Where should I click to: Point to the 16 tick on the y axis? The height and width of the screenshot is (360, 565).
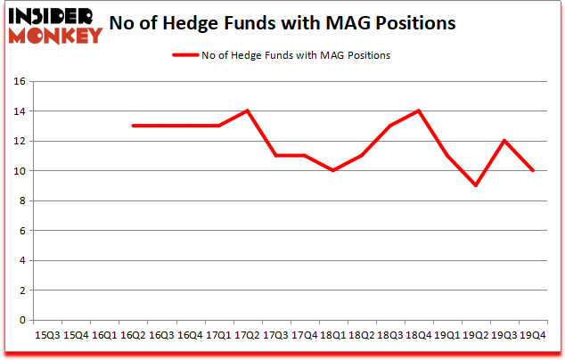(x=18, y=82)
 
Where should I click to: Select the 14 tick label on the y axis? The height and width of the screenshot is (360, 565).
(x=18, y=111)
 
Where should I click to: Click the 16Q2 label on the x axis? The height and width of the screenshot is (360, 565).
(x=132, y=335)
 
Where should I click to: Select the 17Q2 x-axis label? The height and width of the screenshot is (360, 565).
(x=247, y=335)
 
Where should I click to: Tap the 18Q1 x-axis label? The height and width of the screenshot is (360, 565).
(x=332, y=335)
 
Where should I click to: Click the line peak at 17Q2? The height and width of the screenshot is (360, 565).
(x=247, y=110)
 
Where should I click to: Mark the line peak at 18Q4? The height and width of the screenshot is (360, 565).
(x=418, y=110)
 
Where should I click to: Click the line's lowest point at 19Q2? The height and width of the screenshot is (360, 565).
(x=475, y=185)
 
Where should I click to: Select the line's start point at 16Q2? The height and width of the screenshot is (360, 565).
(x=132, y=126)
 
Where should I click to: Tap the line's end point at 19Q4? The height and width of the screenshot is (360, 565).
(x=532, y=170)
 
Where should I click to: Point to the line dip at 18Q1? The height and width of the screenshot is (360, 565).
(x=332, y=170)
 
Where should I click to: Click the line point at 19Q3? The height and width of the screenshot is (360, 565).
(x=504, y=141)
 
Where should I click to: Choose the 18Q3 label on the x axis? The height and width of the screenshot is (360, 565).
(x=389, y=335)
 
